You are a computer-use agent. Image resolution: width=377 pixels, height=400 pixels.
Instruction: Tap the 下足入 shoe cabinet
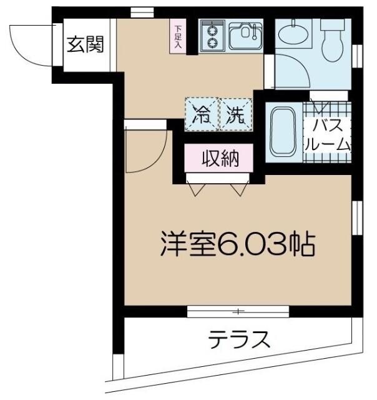pyautogui.click(x=178, y=36)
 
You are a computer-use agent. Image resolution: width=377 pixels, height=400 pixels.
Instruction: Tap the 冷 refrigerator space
pyautogui.click(x=202, y=114)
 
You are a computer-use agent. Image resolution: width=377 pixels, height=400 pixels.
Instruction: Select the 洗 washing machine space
pyautogui.click(x=236, y=114)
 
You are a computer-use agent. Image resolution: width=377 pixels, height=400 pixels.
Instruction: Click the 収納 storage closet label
pyautogui.click(x=219, y=159)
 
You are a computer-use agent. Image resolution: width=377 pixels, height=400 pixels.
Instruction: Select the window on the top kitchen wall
pyautogui.click(x=142, y=12)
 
